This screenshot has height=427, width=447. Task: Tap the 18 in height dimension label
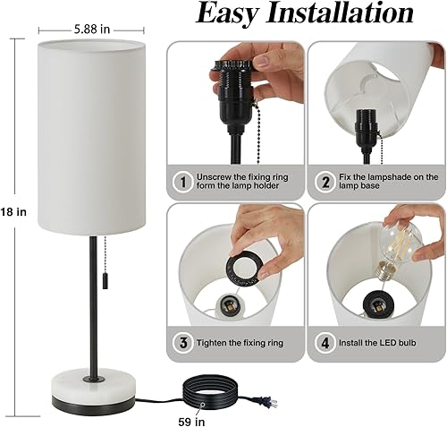pyautogui.click(x=17, y=213)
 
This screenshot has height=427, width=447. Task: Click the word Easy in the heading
pyautogui.click(x=235, y=14)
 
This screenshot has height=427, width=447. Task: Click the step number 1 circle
pyautogui.click(x=182, y=183)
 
